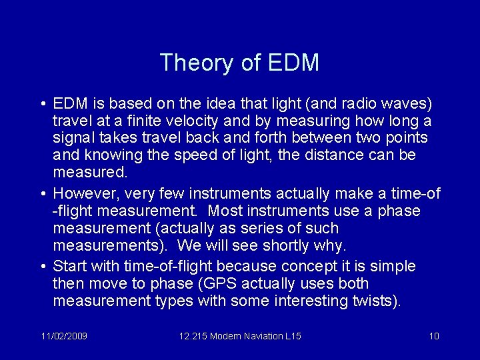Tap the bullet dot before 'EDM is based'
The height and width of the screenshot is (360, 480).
[x=42, y=105]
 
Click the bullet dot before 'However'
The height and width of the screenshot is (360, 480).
[x=42, y=194]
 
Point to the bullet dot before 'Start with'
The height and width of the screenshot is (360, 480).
[x=42, y=267]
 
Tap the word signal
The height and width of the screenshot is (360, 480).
[x=71, y=139]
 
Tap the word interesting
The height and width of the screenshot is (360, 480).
[x=312, y=301]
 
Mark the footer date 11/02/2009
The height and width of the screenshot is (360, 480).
[x=63, y=336]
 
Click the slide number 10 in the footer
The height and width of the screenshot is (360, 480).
[x=433, y=336]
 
